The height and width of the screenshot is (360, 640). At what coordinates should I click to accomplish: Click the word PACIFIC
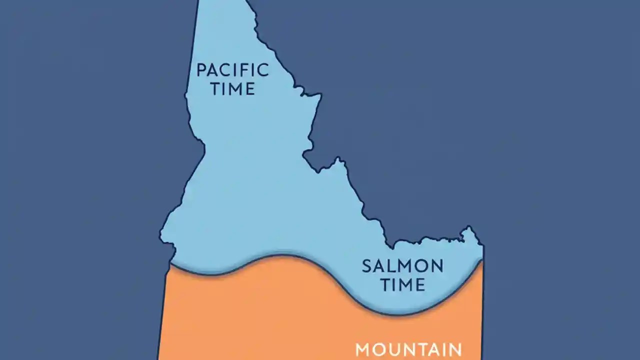point(232,70)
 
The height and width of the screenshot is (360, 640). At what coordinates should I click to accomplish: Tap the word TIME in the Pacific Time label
point(232,89)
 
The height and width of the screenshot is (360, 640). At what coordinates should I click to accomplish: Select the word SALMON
point(402,266)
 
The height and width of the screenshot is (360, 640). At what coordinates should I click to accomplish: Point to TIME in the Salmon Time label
point(402,285)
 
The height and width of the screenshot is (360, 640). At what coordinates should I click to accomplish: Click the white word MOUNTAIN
point(408,350)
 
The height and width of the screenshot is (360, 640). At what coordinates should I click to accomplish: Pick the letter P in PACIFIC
point(201,70)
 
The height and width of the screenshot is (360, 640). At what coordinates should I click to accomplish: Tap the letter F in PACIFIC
point(248,70)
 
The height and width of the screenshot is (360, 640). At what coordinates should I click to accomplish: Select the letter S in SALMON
point(367,266)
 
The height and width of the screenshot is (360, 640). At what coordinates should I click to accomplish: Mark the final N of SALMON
point(437,266)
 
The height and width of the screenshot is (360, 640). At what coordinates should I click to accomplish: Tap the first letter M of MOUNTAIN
point(363,350)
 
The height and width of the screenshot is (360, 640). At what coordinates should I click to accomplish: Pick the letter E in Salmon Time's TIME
point(419,285)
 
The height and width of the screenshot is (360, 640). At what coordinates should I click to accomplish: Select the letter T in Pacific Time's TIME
point(215,89)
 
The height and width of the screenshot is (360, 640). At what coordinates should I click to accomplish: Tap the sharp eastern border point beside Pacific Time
point(320,94)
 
